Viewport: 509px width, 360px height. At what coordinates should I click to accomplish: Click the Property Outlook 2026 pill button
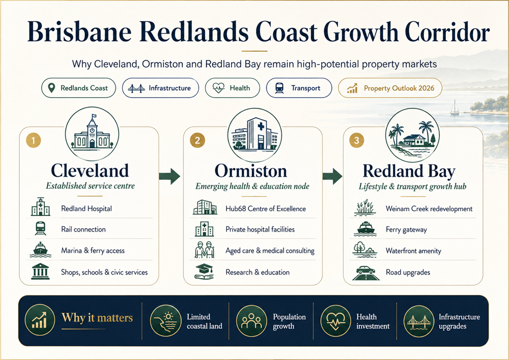[390, 88]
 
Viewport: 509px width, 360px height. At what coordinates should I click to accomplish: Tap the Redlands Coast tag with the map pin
[78, 88]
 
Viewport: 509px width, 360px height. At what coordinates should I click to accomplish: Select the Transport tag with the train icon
[299, 88]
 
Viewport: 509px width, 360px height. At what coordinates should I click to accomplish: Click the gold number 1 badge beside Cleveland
[34, 141]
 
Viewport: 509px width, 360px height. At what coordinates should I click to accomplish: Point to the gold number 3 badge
[356, 140]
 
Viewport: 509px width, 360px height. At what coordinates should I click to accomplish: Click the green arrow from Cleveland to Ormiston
[169, 176]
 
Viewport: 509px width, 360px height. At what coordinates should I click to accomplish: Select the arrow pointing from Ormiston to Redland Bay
[332, 176]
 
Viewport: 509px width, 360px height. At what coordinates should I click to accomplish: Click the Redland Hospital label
[87, 208]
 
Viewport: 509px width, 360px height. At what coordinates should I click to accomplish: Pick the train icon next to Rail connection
[40, 228]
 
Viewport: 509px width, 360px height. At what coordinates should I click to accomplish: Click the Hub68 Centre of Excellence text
[266, 209]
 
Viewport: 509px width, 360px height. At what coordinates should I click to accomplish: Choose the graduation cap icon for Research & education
[204, 272]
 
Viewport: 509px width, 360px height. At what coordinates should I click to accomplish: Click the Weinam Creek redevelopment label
[429, 209]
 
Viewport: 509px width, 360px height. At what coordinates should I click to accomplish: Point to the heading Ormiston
[250, 171]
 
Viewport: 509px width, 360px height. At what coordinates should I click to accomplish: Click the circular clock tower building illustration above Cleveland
[92, 134]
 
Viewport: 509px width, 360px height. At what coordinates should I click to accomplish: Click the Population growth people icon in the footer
[251, 321]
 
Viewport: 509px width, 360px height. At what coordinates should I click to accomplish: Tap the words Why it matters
[97, 317]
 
